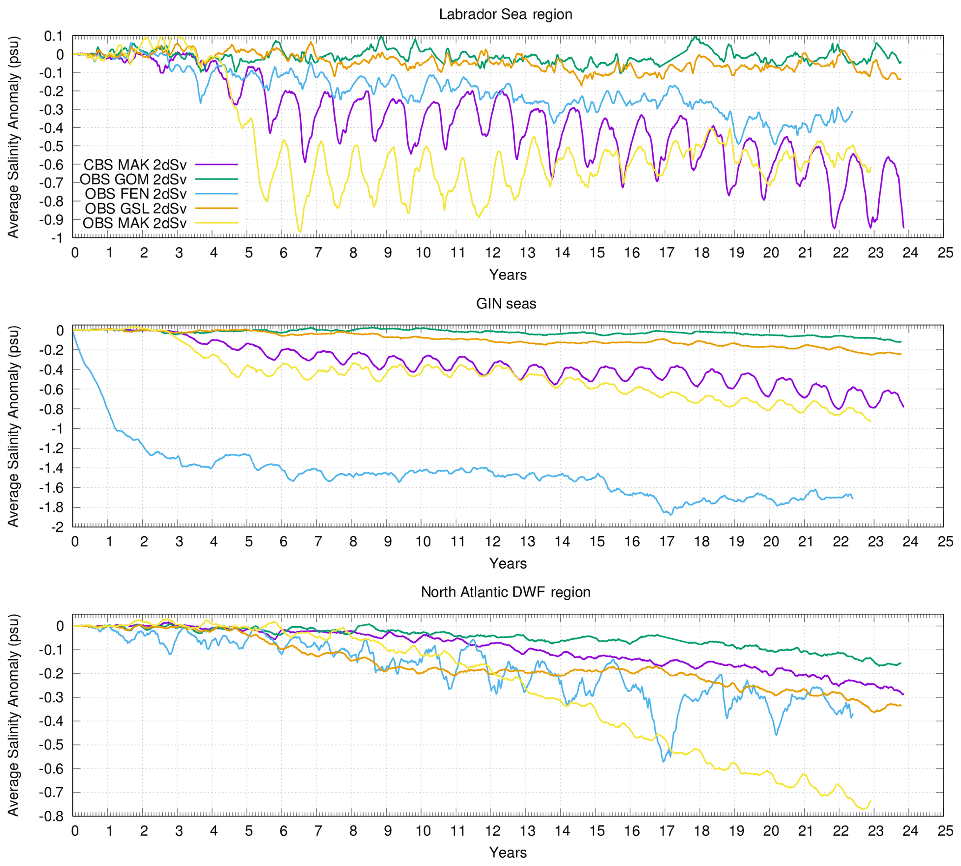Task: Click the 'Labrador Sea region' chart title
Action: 505,14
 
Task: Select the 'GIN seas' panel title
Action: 506,303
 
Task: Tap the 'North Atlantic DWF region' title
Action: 505,592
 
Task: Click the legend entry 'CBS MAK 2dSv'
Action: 135,164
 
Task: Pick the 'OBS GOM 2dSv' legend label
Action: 133,179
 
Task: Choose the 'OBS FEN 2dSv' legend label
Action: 136,194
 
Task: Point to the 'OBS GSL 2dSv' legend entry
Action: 136,209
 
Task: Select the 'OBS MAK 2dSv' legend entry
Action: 134,223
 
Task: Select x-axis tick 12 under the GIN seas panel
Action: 492,542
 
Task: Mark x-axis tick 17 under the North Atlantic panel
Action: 667,831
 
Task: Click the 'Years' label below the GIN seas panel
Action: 508,564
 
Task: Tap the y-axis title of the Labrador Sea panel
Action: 13,137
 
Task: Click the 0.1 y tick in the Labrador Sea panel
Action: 53,36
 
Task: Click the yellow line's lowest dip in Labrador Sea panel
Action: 300,232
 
